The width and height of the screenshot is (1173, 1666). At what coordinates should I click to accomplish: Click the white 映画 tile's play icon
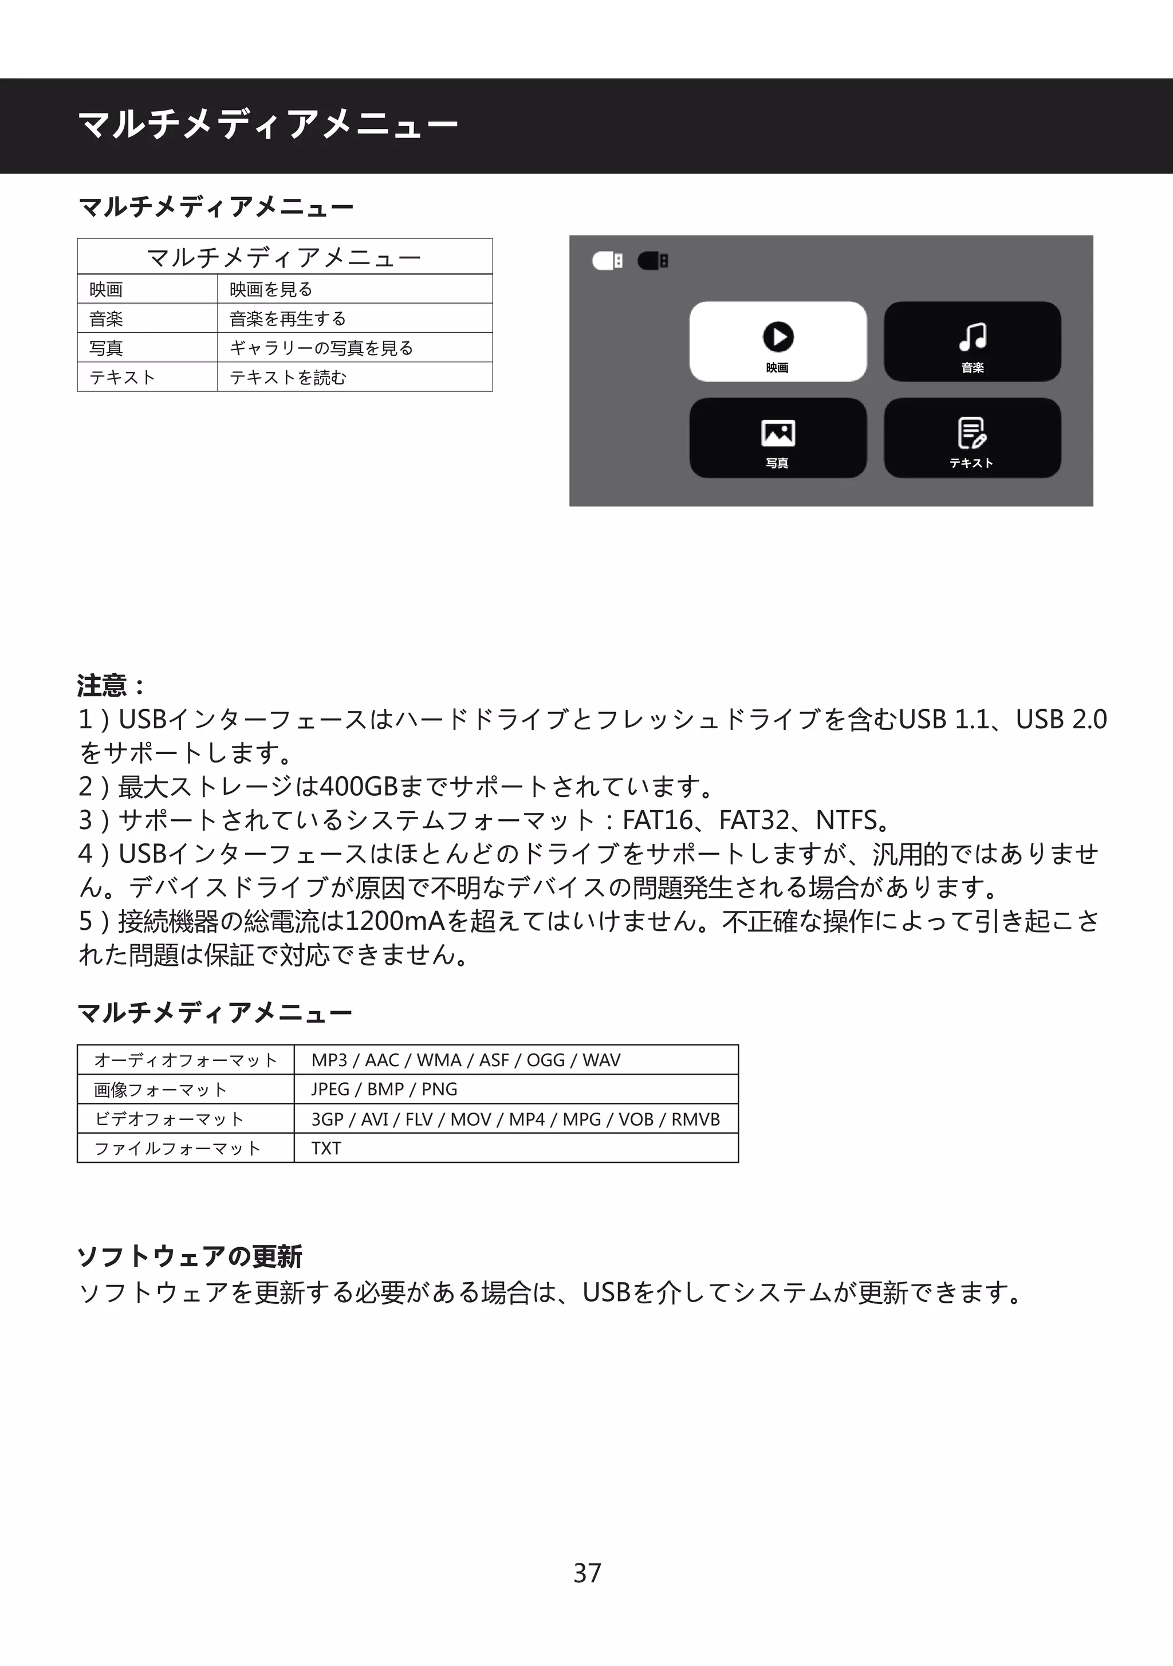(x=778, y=337)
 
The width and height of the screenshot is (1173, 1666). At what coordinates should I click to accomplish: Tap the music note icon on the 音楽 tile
(x=972, y=337)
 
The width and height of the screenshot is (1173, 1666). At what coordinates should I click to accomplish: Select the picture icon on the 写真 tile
(x=778, y=433)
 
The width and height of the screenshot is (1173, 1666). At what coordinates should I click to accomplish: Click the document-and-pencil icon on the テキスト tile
(x=972, y=433)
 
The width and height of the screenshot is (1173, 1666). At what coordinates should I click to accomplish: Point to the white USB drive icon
(x=607, y=261)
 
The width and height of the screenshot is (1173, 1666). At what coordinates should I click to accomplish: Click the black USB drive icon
(x=653, y=261)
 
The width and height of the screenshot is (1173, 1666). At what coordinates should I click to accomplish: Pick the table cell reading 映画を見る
(x=270, y=289)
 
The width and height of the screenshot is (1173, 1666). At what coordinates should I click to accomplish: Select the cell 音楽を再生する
(x=288, y=319)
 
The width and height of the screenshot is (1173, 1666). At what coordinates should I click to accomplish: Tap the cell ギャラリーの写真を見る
(x=321, y=348)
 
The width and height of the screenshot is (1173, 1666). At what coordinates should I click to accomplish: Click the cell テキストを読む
(x=288, y=378)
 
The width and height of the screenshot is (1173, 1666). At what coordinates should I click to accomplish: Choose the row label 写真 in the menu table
(x=106, y=348)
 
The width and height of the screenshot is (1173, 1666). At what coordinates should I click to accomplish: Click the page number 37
(x=587, y=1573)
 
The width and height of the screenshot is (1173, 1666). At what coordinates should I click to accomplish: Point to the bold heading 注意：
(x=111, y=685)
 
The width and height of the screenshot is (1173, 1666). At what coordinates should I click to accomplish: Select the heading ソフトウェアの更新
(x=190, y=1256)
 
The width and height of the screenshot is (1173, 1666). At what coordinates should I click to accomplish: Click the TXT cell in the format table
(x=326, y=1148)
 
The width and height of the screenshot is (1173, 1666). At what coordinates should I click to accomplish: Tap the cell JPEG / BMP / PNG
(x=384, y=1089)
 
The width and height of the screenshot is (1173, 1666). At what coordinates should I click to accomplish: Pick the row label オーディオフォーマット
(x=186, y=1060)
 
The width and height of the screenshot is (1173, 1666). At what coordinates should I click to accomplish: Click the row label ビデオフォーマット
(x=169, y=1119)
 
